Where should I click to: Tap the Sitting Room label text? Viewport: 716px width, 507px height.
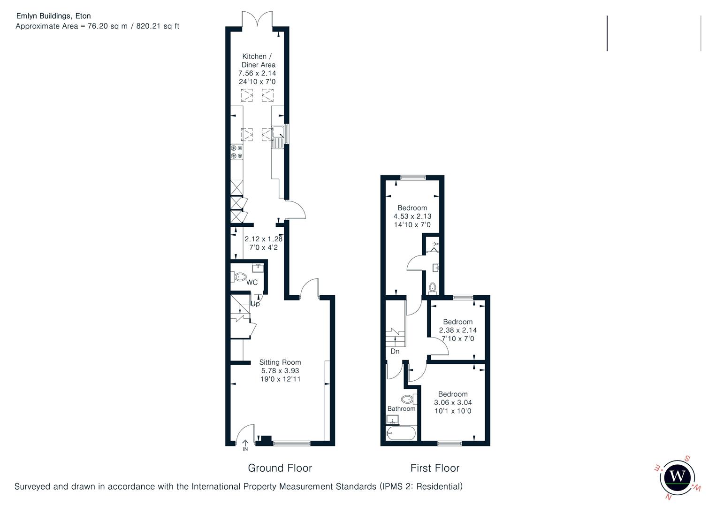pyautogui.click(x=280, y=362)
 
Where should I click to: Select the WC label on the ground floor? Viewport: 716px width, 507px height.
pyautogui.click(x=252, y=283)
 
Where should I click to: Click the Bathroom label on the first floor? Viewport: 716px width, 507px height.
pyautogui.click(x=401, y=409)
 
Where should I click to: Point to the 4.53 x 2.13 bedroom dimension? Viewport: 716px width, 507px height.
pyautogui.click(x=412, y=216)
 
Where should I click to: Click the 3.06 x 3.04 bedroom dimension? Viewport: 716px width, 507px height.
pyautogui.click(x=453, y=403)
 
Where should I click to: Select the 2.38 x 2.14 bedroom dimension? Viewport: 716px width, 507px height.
pyautogui.click(x=457, y=330)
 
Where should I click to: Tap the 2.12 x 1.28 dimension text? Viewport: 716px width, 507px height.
pyautogui.click(x=263, y=239)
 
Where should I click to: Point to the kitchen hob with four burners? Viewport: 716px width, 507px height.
pyautogui.click(x=236, y=152)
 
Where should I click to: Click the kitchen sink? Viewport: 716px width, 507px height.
pyautogui.click(x=278, y=133)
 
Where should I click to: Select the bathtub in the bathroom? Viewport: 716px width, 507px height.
pyautogui.click(x=401, y=433)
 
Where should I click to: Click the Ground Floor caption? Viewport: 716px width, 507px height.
pyautogui.click(x=280, y=468)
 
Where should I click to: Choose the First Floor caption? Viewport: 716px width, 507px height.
pyautogui.click(x=434, y=468)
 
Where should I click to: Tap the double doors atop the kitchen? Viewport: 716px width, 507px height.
pyautogui.click(x=258, y=20)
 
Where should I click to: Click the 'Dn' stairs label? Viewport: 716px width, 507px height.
pyautogui.click(x=395, y=351)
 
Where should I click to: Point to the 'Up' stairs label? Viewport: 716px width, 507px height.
pyautogui.click(x=255, y=304)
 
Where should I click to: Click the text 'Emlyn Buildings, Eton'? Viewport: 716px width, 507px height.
pyautogui.click(x=53, y=16)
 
